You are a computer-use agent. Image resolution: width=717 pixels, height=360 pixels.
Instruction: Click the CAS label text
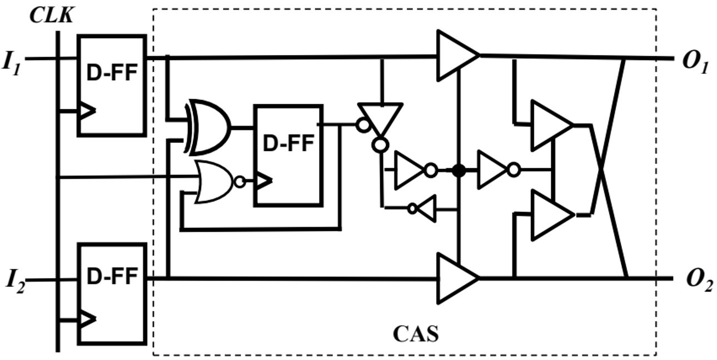415,334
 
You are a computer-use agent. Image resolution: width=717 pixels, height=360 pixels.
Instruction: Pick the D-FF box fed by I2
111,292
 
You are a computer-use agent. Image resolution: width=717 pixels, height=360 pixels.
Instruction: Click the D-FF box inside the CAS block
287,155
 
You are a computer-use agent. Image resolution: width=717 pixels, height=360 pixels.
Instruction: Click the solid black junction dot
458,170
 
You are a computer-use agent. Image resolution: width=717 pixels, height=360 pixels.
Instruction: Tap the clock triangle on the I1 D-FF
87,111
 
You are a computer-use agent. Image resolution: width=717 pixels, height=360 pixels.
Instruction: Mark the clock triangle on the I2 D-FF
87,319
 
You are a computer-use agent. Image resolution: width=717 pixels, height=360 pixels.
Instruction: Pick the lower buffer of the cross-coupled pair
550,214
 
